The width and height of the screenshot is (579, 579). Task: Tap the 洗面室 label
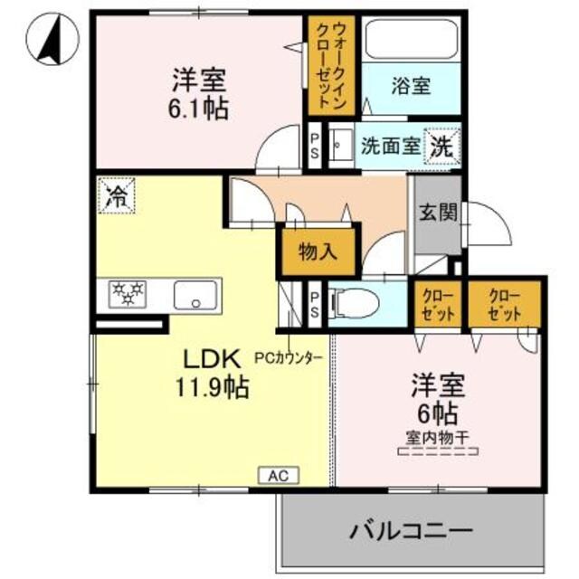390,145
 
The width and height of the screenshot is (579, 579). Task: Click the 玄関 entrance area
438,214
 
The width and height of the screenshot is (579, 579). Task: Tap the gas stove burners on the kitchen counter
128,292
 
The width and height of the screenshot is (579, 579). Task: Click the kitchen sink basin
195,295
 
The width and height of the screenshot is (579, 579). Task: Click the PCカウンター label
294,357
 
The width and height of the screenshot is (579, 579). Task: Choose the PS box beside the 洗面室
314,144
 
